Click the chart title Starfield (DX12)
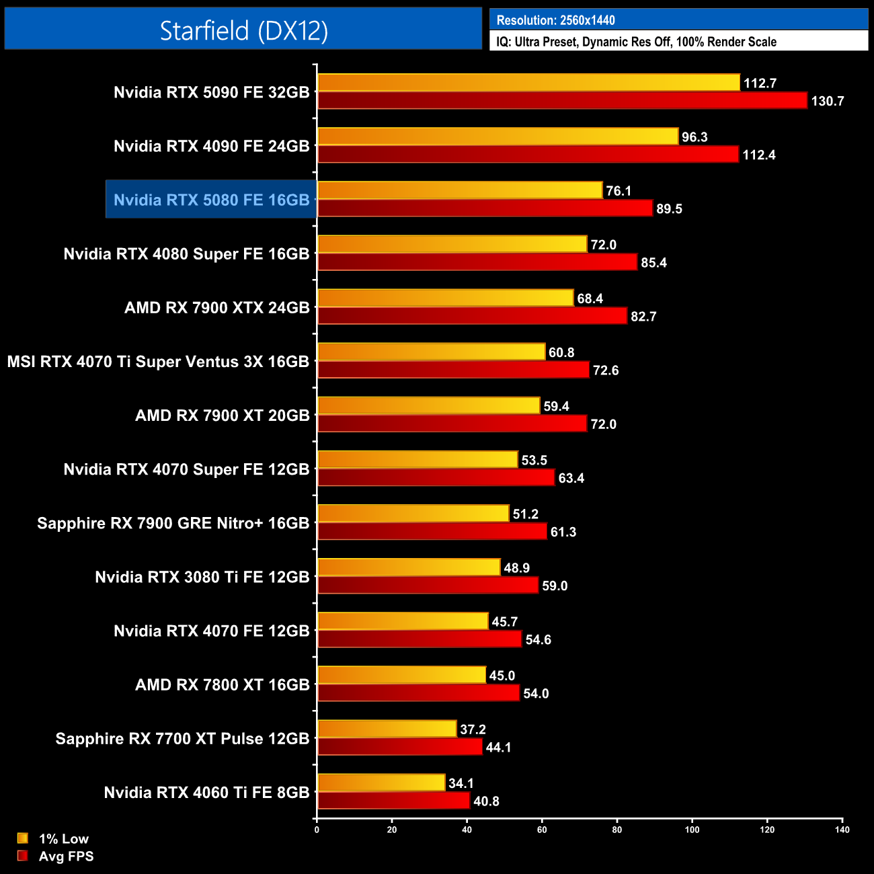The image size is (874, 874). click(x=243, y=30)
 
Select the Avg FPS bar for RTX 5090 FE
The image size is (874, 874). click(x=562, y=101)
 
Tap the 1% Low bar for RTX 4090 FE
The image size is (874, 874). click(x=498, y=136)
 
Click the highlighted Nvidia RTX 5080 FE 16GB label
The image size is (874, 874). click(x=211, y=200)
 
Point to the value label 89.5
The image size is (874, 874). click(x=669, y=209)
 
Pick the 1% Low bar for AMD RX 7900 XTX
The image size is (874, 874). click(x=445, y=298)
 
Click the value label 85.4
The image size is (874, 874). click(x=653, y=263)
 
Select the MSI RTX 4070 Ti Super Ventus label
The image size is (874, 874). click(x=158, y=362)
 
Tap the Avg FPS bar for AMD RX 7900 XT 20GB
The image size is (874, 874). click(x=452, y=424)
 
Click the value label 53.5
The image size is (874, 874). click(x=534, y=461)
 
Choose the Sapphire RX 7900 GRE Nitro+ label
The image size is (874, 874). click(x=173, y=523)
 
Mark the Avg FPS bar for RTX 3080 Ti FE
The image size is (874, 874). click(x=428, y=586)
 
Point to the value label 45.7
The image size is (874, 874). click(x=504, y=622)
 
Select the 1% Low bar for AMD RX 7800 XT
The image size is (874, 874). click(x=401, y=675)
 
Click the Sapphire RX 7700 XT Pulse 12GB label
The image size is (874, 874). click(x=182, y=738)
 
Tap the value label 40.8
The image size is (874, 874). click(x=486, y=801)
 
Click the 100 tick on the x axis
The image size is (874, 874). click(x=692, y=830)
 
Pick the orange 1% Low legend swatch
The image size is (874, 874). click(x=23, y=838)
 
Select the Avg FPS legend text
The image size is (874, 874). click(x=66, y=857)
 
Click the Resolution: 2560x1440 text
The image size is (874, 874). click(x=555, y=20)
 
